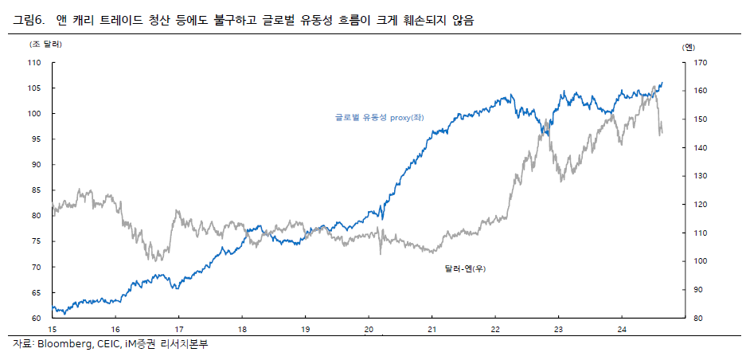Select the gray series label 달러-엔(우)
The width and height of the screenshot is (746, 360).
pos(465,269)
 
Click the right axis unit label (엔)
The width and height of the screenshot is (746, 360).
pos(689,47)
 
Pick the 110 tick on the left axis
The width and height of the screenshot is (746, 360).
pos(33,62)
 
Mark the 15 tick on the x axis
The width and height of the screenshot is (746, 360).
pos(52,329)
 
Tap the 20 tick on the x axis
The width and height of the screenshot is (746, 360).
pos(369,329)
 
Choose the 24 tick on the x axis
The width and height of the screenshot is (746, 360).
pos(623,329)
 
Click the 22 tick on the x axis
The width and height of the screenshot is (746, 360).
pos(495,329)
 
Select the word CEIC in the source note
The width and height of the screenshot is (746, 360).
pos(110,345)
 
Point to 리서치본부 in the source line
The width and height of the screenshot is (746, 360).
pos(188,345)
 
